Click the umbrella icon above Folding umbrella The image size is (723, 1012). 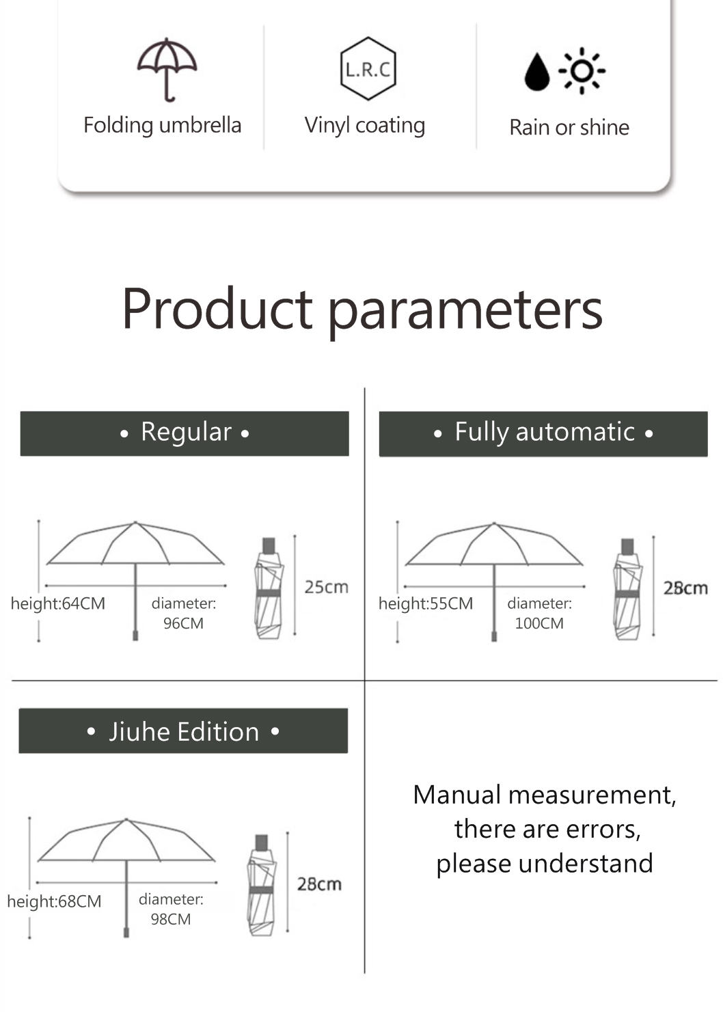167,69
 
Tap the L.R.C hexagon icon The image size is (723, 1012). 368,68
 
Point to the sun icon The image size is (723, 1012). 582,71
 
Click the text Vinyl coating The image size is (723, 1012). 365,125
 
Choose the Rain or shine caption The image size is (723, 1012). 569,127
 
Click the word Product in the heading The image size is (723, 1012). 217,310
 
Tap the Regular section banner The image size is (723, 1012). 185,433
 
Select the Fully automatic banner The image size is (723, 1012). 543,434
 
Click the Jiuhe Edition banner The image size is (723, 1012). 183,730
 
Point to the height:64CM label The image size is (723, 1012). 58,603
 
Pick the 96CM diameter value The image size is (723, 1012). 183,623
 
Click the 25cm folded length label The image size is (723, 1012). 326,588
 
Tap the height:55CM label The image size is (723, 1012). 426,603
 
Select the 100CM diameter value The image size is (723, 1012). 539,623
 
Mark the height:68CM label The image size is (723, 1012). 54,901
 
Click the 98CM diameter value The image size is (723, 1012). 171,919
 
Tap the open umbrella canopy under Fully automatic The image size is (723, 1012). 494,544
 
